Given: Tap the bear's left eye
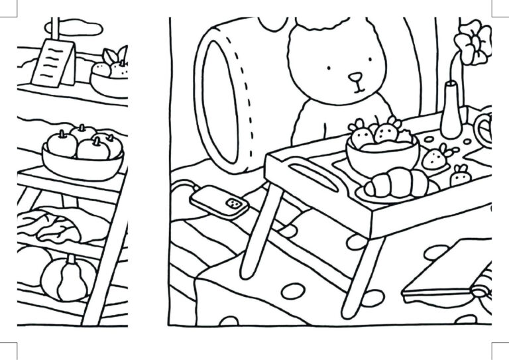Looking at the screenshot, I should click(x=330, y=66).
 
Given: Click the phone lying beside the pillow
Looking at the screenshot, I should click(x=219, y=200).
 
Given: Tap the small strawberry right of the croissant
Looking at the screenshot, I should click(x=460, y=176).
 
